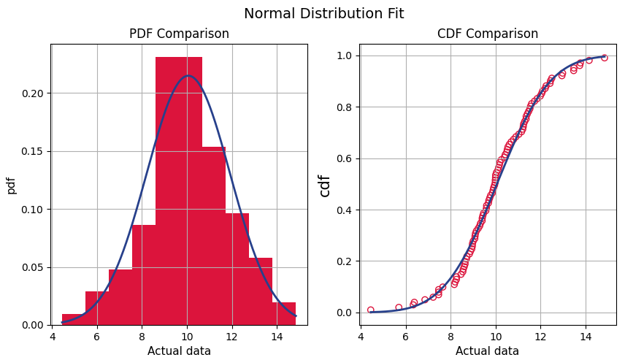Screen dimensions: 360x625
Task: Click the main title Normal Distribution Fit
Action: pos(323,14)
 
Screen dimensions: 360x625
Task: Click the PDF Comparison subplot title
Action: pos(179,34)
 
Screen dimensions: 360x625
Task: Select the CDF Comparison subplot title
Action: pos(487,34)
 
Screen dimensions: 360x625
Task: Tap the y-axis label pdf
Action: pos(12,185)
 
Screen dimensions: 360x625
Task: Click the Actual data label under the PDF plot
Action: pos(179,351)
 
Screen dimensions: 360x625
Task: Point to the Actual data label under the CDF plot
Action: pos(487,351)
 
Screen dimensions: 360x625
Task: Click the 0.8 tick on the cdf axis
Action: pos(345,107)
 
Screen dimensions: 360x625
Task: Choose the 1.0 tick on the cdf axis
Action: pos(345,56)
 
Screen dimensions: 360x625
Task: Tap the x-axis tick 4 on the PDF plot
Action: pos(53,337)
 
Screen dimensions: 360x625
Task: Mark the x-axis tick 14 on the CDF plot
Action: pos(586,337)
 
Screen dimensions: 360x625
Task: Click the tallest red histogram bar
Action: pos(179,190)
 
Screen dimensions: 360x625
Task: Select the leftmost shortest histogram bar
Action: pos(74,320)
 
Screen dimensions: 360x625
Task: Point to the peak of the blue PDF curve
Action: pos(188,75)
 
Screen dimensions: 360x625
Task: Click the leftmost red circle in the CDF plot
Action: pos(371,310)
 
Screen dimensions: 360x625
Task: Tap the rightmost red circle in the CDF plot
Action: pos(604,58)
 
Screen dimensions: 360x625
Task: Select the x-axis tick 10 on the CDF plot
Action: pos(496,337)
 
